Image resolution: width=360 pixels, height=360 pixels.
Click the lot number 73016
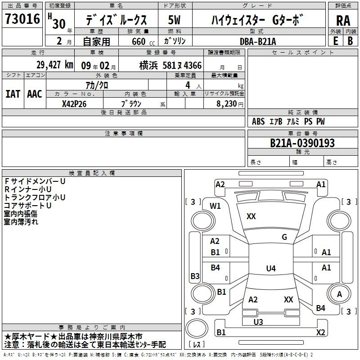(x=22, y=19)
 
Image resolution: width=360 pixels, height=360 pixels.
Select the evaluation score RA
(x=343, y=21)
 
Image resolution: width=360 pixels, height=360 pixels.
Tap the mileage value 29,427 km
(x=54, y=65)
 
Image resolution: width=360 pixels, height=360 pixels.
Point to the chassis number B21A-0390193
(x=302, y=143)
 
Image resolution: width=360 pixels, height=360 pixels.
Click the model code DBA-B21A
(x=258, y=41)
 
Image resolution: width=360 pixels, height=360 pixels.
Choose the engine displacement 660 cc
(x=143, y=41)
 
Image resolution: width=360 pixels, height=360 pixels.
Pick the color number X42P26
(x=74, y=104)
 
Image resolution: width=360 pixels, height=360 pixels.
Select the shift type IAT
(x=13, y=94)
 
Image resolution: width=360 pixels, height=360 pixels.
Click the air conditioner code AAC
(x=35, y=94)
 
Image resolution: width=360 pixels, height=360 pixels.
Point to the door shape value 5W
(x=174, y=20)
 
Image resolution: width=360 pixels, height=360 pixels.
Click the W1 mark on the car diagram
(x=215, y=206)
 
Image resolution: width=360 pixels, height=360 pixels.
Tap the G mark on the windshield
(x=284, y=237)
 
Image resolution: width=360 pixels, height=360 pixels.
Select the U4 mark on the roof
(x=271, y=268)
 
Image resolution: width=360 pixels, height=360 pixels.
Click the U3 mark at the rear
(x=258, y=322)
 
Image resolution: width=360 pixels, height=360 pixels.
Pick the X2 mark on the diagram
(x=321, y=332)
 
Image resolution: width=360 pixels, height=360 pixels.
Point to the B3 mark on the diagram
(x=195, y=276)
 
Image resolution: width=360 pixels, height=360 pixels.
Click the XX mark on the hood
(x=251, y=216)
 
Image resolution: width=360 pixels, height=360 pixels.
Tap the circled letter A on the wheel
(x=339, y=294)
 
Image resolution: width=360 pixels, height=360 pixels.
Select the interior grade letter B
(x=350, y=41)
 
